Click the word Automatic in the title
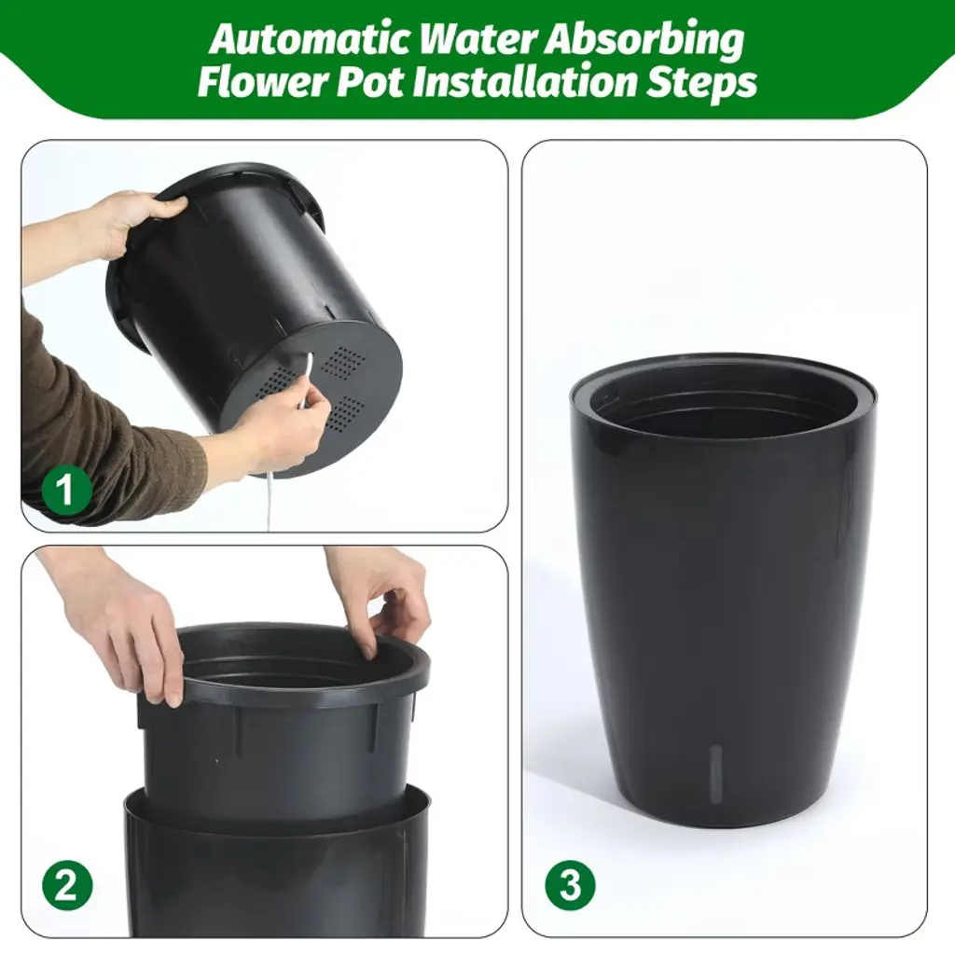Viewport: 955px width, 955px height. pos(311,39)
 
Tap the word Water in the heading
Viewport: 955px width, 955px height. pos(477,39)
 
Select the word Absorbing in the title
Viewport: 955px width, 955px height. pos(644,41)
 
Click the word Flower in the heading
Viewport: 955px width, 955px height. pos(263,82)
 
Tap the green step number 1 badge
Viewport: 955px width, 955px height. pos(66,489)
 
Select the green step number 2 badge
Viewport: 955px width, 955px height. pos(67,885)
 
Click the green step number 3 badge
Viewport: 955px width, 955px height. pos(570,885)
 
